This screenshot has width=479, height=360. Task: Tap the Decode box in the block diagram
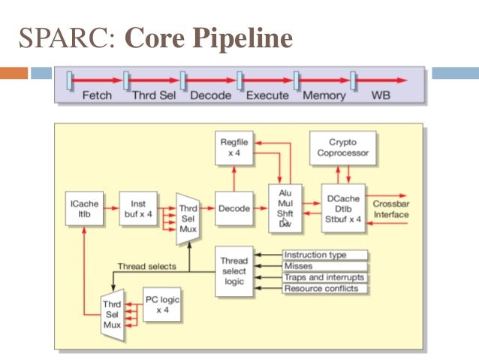click(x=234, y=208)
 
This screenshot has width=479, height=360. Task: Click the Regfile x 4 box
click(x=234, y=147)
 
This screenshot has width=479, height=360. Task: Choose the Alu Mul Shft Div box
click(x=285, y=208)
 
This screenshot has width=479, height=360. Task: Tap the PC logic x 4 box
click(x=162, y=304)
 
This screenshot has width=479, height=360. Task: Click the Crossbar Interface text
click(x=391, y=210)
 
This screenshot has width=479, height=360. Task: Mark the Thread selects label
click(x=147, y=266)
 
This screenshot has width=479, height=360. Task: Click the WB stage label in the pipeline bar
click(x=381, y=95)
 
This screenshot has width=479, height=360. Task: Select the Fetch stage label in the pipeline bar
click(x=96, y=95)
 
